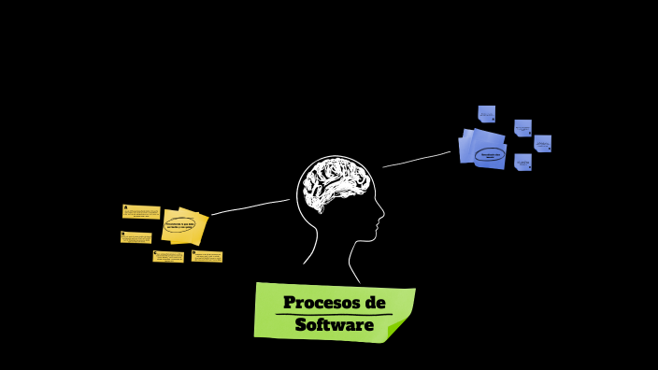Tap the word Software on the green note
[x=334, y=325]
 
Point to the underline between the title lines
[x=334, y=315]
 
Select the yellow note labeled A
[x=141, y=212]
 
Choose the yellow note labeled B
[x=136, y=237]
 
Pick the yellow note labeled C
[x=168, y=256]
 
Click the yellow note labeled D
[x=207, y=256]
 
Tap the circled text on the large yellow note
[x=179, y=224]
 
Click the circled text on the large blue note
[x=489, y=153]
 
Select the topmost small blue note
[x=486, y=114]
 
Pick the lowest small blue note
[x=522, y=162]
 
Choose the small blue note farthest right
[x=542, y=143]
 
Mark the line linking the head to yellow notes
[x=250, y=206]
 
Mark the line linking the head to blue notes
[x=417, y=160]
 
